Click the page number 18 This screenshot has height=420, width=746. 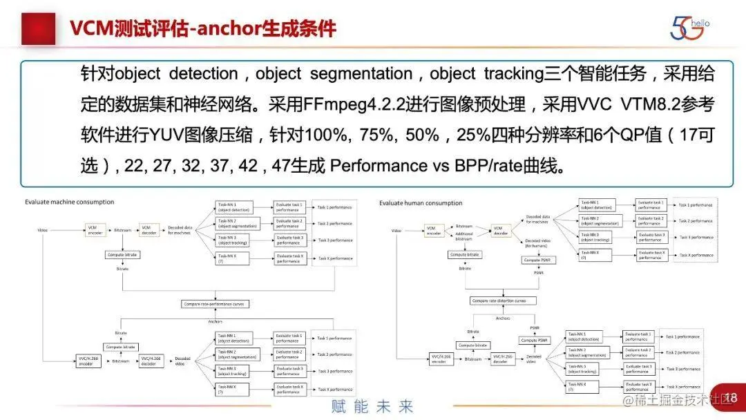[x=731, y=398]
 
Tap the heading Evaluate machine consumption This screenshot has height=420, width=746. [x=69, y=202]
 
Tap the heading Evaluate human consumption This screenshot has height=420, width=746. [x=421, y=203]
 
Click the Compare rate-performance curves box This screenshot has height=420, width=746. [x=215, y=304]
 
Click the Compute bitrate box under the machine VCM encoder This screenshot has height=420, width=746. [x=122, y=255]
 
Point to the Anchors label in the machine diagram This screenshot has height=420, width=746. [x=215, y=321]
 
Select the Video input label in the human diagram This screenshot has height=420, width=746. [x=396, y=230]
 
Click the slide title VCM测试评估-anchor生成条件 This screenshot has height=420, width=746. [x=203, y=28]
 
